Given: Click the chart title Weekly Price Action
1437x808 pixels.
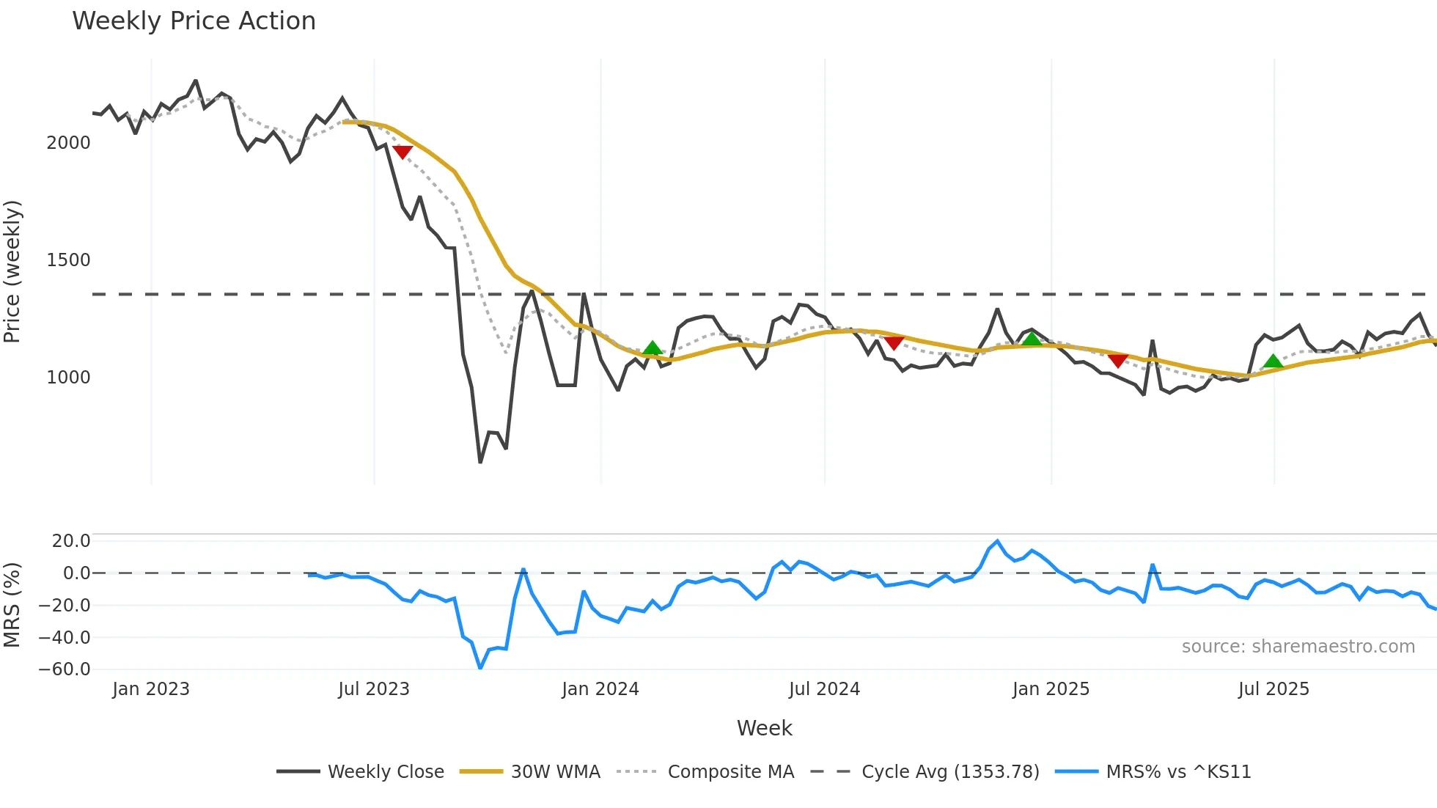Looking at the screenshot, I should (194, 21).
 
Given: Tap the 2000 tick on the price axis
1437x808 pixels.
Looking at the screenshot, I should (68, 143).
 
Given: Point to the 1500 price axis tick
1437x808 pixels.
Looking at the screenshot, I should (68, 260).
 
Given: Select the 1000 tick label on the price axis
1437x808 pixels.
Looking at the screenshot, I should (68, 378).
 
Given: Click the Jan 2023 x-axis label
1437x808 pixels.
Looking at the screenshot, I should (151, 689).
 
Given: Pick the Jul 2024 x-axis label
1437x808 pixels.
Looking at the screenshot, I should (824, 689).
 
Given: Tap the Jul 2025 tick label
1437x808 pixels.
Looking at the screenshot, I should (1274, 689).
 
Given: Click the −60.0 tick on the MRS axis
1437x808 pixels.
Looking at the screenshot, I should (65, 669).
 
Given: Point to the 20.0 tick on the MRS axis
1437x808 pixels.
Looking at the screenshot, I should (71, 541).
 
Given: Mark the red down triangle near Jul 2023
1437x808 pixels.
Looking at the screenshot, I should (403, 151).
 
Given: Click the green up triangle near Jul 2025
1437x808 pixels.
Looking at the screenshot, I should (1274, 361).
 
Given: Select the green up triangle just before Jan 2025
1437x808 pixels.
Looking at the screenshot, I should (1032, 339).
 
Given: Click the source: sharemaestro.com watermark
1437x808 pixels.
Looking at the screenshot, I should (1298, 647).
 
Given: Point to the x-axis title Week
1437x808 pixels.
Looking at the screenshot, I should (764, 728).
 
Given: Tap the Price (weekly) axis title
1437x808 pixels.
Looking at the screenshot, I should (12, 271).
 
